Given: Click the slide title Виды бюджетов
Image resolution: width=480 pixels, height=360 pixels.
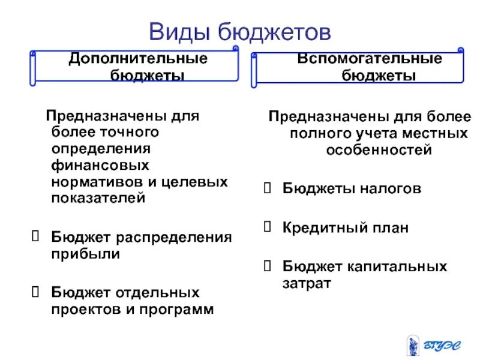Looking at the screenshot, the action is point(239,31).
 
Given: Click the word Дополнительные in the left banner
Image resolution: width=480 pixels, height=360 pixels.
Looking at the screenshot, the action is point(137,59).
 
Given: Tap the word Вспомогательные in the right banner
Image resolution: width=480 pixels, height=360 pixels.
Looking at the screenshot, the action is point(370,59).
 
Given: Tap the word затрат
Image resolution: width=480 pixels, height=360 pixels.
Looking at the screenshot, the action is point(307,283).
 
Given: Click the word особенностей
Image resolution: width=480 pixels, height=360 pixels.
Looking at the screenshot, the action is point(379,150).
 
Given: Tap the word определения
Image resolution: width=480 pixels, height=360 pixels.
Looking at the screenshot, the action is point(101,147).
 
